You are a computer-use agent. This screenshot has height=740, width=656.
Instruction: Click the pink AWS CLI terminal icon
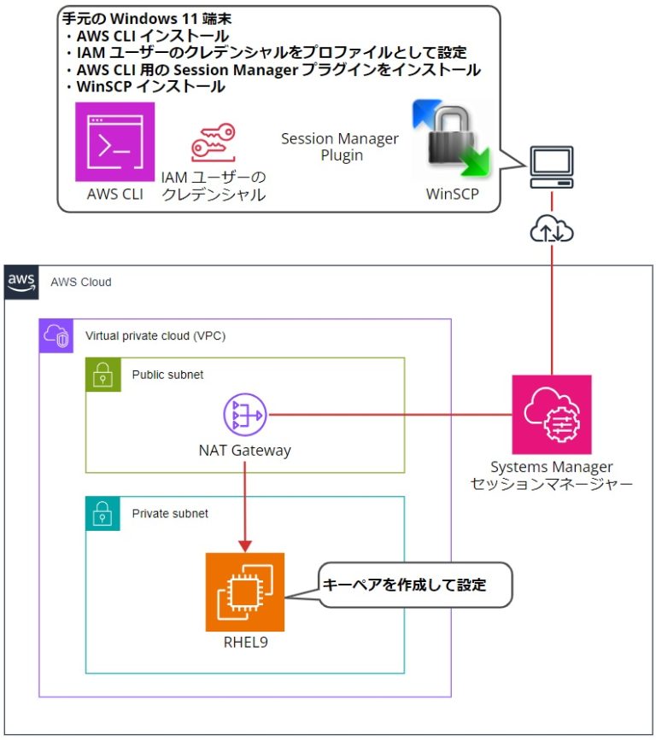pyautogui.click(x=114, y=142)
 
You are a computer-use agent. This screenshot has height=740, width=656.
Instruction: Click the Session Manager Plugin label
pyautogui.click(x=339, y=147)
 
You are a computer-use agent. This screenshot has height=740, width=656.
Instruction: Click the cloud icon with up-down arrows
pyautogui.click(x=551, y=228)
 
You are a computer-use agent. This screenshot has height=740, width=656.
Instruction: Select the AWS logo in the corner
pyautogui.click(x=20, y=282)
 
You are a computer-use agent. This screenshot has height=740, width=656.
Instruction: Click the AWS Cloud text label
pyautogui.click(x=80, y=282)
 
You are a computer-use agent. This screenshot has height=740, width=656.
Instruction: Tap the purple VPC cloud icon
pyautogui.click(x=56, y=336)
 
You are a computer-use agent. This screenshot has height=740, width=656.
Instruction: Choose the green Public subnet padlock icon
pyautogui.click(x=102, y=374)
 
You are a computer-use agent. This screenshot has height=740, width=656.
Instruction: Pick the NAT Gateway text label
pyautogui.click(x=244, y=451)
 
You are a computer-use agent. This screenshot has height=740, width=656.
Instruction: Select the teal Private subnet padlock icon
pyautogui.click(x=102, y=514)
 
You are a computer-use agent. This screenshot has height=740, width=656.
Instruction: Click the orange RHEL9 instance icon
pyautogui.click(x=244, y=591)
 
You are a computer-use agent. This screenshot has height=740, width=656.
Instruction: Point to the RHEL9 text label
pyautogui.click(x=244, y=643)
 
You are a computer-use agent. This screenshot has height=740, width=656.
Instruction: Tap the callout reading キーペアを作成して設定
pyautogui.click(x=405, y=586)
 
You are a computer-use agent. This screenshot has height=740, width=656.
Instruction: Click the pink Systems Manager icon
pyautogui.click(x=551, y=415)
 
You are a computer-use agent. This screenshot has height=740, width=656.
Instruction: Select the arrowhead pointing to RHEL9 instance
pyautogui.click(x=244, y=545)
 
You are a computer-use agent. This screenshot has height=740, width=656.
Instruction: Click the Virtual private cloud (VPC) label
pyautogui.click(x=155, y=336)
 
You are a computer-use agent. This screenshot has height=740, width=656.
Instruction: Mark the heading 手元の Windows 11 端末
pyautogui.click(x=147, y=18)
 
